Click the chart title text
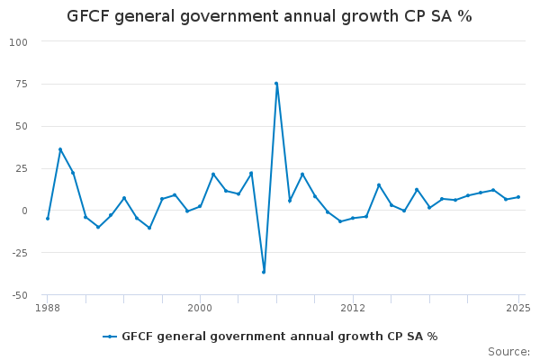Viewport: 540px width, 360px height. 269,16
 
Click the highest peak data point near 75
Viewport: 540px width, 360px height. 276,84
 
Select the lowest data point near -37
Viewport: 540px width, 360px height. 264,272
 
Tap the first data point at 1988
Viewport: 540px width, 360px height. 48,219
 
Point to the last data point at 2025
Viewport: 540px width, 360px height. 518,197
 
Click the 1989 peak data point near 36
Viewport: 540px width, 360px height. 60,149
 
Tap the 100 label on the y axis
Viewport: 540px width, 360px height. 18,42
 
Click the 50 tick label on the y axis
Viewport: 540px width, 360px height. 21,126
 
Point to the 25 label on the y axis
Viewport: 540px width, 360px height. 21,169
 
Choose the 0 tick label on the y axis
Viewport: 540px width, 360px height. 24,211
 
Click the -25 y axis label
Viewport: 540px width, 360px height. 19,253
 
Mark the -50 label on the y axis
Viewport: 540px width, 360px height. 19,295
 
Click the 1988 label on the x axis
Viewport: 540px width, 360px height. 48,308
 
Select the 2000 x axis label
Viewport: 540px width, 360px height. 200,308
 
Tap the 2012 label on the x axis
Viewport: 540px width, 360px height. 353,308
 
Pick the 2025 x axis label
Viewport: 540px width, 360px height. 518,308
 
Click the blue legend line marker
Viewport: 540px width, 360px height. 110,337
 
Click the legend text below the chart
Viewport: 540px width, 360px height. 280,337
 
